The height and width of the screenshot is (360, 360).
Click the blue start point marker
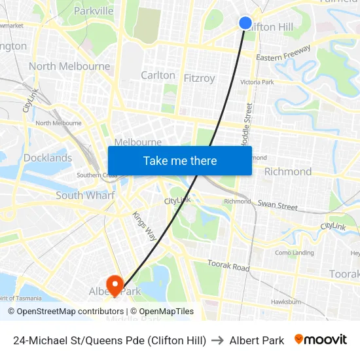pos(245,23)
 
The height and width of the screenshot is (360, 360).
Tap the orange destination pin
pos(115,283)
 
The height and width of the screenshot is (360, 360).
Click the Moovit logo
pos(321,340)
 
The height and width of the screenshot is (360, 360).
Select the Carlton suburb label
pos(158,75)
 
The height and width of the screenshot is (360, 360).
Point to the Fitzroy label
pos(199,79)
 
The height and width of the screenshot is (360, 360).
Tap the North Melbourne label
pos(69,66)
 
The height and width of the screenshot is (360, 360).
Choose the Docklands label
pos(48,158)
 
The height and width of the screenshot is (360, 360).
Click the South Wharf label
pos(85,195)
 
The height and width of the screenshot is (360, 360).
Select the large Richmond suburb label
pos(288,171)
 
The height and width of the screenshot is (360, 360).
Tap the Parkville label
pos(94,10)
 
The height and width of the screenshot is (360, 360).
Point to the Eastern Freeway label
pos(282,58)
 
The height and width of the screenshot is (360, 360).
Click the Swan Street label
pos(278,205)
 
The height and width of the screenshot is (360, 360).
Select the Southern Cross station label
pos(97,175)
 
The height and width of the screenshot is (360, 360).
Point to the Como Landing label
pos(294,253)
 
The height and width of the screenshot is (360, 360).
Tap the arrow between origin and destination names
pos(218,340)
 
